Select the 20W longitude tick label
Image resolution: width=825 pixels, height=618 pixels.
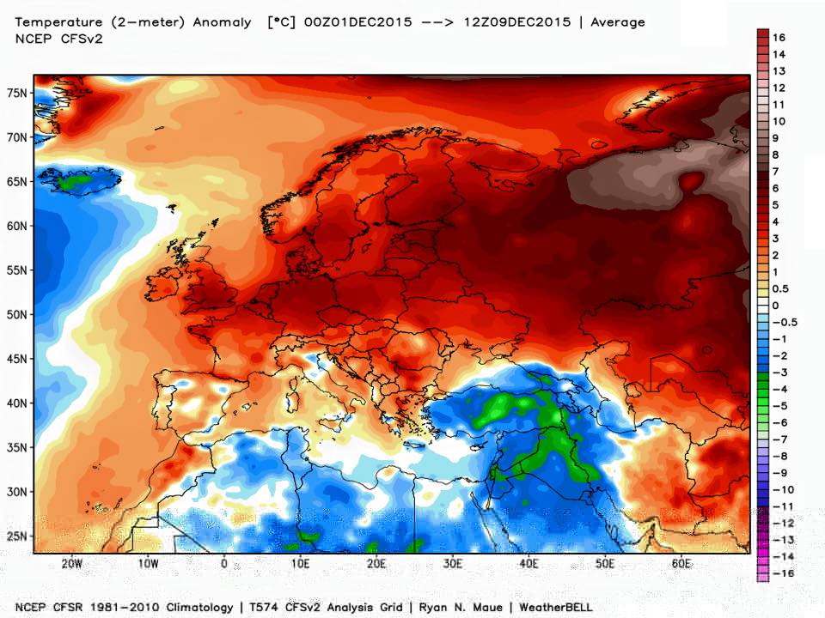click(72, 564)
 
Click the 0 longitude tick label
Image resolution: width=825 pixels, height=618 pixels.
click(224, 564)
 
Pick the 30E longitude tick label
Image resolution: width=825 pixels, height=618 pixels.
click(453, 564)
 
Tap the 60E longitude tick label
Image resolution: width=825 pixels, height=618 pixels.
click(681, 564)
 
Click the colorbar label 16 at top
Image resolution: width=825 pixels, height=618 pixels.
click(779, 37)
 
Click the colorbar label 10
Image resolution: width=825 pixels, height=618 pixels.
click(779, 121)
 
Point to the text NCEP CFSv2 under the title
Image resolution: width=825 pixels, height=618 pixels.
click(58, 38)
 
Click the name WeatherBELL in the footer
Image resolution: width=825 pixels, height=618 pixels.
click(553, 607)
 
